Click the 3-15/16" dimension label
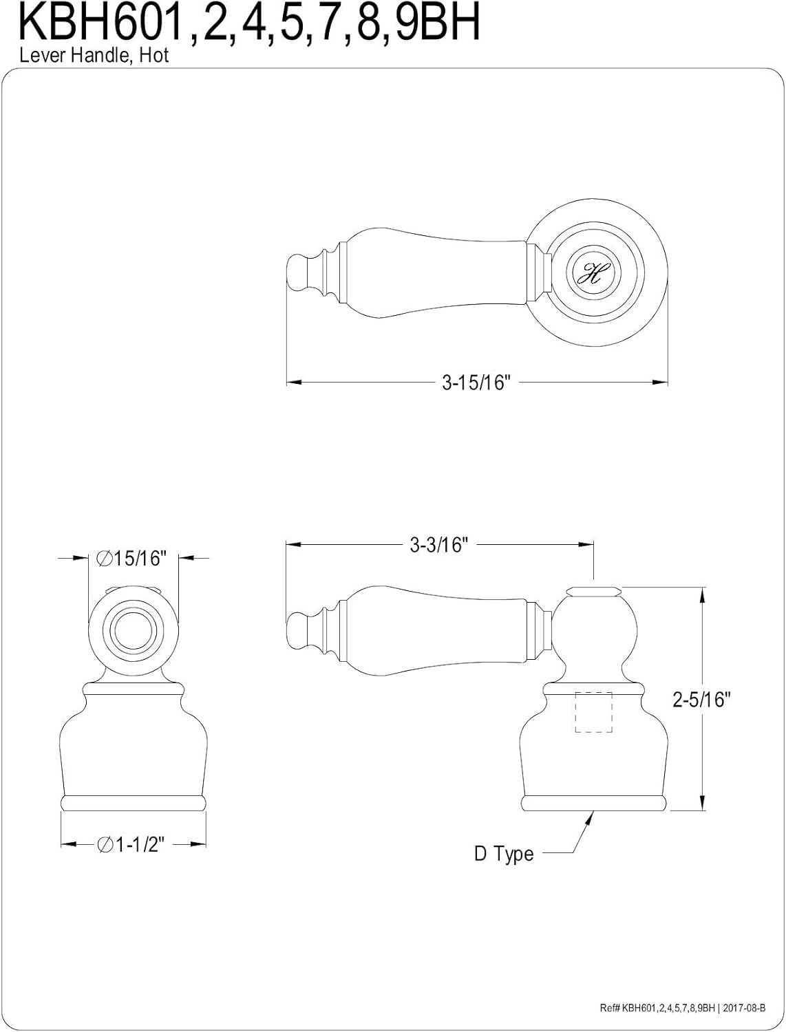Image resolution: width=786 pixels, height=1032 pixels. coord(476,383)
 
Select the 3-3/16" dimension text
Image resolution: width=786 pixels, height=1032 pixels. coord(439,545)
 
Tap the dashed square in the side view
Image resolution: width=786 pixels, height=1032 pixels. coord(593,712)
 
